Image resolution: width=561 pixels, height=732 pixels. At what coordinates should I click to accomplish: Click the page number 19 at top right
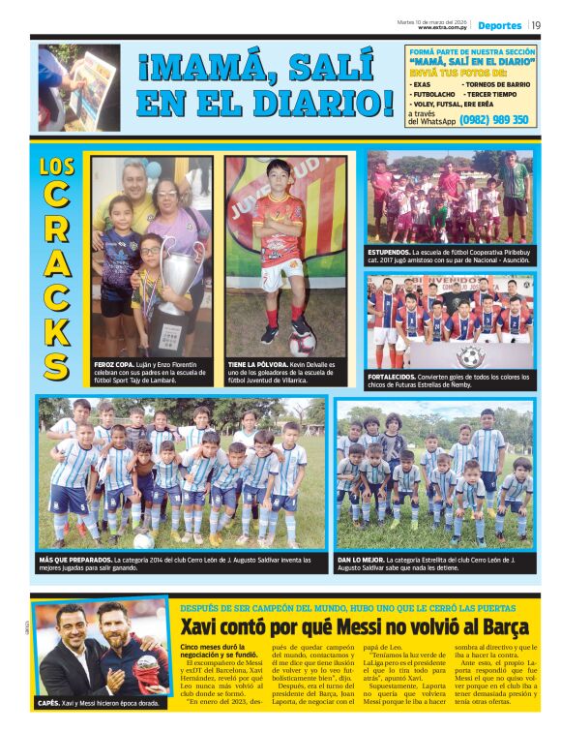[x=536, y=25]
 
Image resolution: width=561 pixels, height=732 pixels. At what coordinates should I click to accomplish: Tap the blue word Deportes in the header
[x=499, y=25]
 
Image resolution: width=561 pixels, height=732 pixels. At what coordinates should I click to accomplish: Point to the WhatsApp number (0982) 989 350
[x=494, y=120]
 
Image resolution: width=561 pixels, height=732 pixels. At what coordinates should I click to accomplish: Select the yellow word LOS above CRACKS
[x=57, y=165]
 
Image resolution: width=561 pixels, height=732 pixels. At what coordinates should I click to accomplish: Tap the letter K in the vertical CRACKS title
[x=56, y=328]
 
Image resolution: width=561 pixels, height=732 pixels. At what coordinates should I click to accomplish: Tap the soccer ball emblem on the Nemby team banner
[x=470, y=355]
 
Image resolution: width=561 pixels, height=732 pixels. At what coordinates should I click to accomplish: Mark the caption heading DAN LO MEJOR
[x=360, y=559]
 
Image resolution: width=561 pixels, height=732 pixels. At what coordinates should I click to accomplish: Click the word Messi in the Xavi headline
[x=369, y=626]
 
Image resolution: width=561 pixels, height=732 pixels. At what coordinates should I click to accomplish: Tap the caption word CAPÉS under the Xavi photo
[x=48, y=702]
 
